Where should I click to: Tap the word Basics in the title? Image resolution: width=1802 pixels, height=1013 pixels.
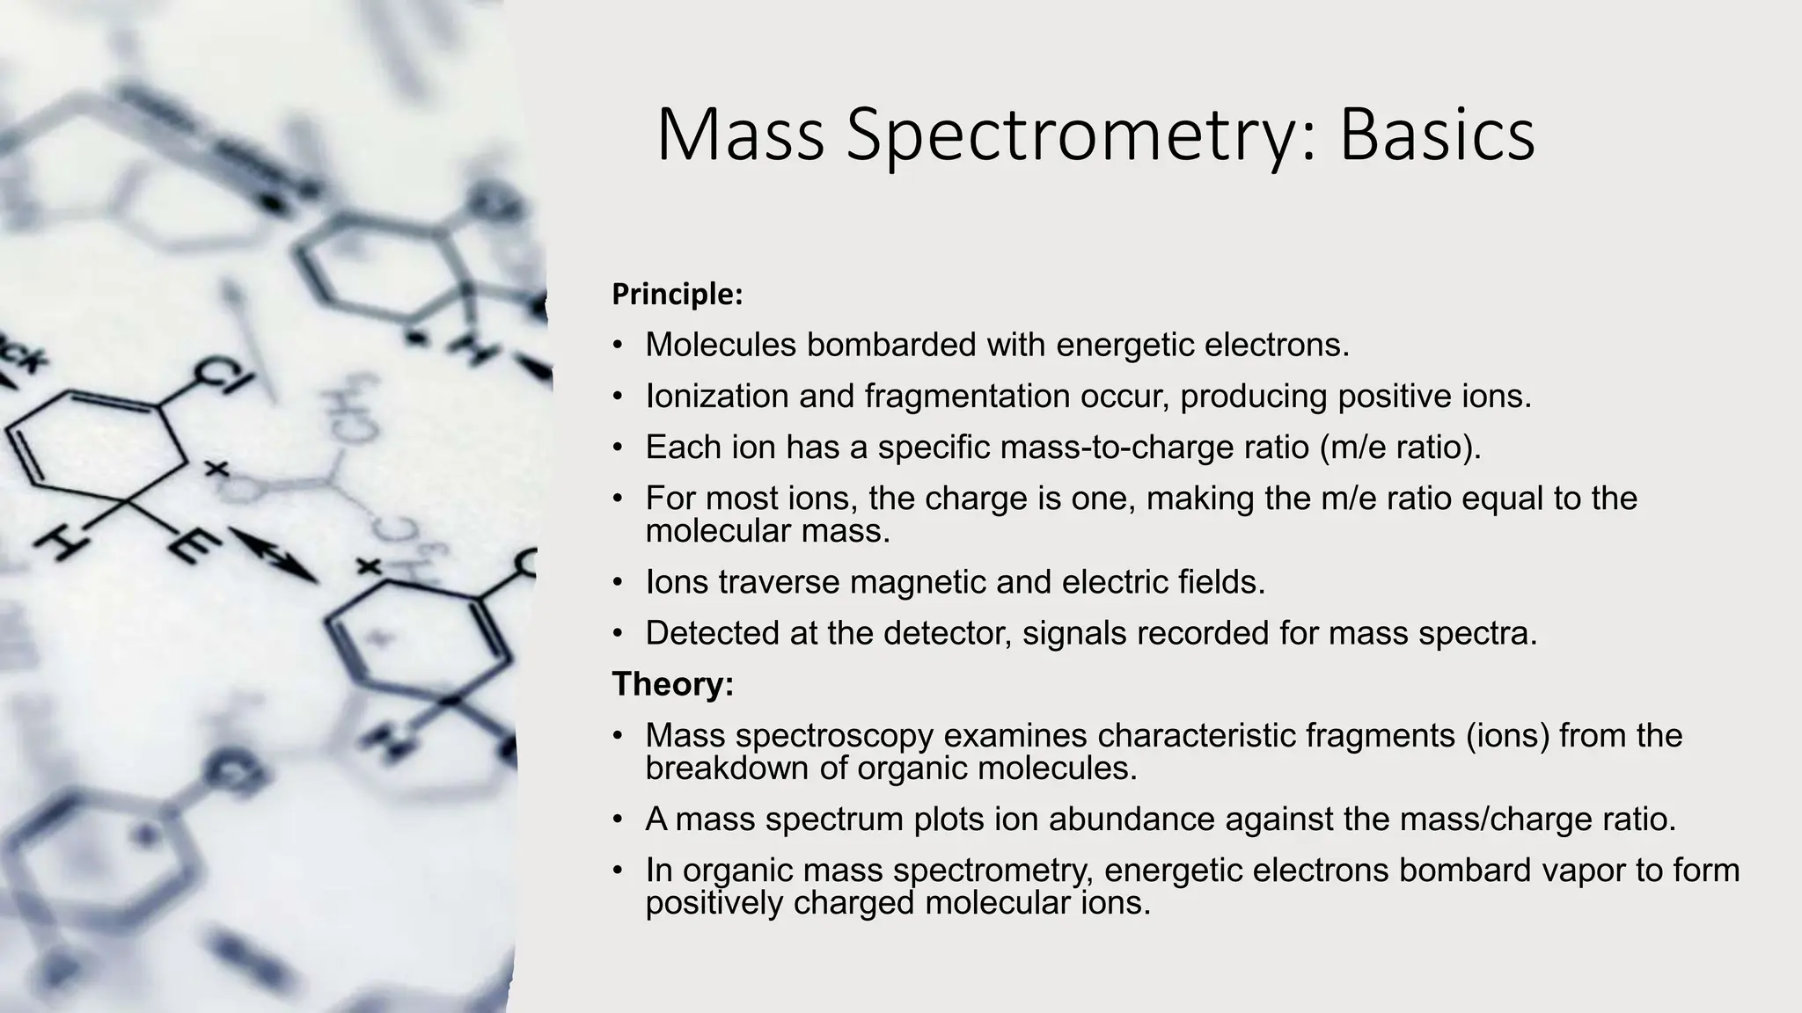tap(1436, 136)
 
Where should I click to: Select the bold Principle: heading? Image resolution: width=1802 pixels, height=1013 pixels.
tap(678, 295)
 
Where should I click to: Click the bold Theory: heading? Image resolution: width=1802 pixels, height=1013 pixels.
tap(673, 684)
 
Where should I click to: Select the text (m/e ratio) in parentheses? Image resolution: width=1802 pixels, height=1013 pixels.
tap(1401, 447)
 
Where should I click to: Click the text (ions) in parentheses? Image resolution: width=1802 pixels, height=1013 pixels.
tap(1507, 735)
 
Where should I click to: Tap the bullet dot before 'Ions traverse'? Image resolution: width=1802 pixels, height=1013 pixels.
tap(619, 583)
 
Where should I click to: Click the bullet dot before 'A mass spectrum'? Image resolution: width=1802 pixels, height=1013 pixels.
tap(619, 820)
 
